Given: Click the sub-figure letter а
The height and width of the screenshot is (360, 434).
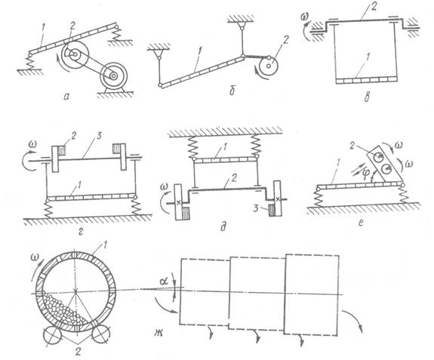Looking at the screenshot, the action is point(66,97).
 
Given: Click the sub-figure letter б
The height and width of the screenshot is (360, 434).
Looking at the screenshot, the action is point(232,91).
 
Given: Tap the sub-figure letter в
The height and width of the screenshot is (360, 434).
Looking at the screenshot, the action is point(368,97).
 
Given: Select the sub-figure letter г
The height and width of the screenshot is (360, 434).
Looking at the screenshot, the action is point(81,232).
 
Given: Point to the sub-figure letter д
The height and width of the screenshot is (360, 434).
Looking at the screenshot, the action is point(223,226).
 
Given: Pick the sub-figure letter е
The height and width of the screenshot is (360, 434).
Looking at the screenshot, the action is point(360,223).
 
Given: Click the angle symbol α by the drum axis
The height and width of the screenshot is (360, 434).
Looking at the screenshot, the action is point(164,282).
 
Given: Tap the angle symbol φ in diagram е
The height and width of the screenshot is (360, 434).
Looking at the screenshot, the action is point(366,172).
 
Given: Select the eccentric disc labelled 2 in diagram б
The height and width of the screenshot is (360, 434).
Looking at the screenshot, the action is point(268,66).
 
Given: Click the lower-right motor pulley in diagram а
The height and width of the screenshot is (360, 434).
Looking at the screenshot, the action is point(113,76).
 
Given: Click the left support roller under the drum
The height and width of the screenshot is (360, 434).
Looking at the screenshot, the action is point(52,335).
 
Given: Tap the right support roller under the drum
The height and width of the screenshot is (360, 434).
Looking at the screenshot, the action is point(100,334).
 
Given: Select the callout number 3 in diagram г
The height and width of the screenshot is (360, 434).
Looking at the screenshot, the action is point(100,137).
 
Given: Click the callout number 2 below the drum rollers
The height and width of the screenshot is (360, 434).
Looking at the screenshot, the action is point(78,352).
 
